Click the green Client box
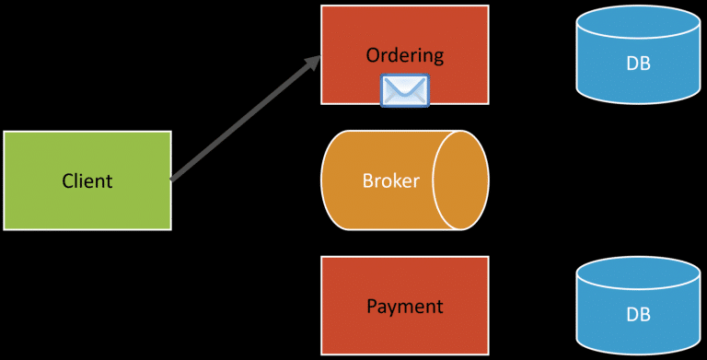point(87,207)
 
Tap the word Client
point(87,180)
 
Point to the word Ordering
point(404,55)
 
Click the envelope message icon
point(405,91)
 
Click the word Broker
point(390,180)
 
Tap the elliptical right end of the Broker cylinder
point(460,180)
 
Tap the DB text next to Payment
point(638,314)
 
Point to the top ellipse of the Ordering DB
point(638,25)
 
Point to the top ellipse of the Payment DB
point(638,273)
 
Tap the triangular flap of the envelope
point(405,85)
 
